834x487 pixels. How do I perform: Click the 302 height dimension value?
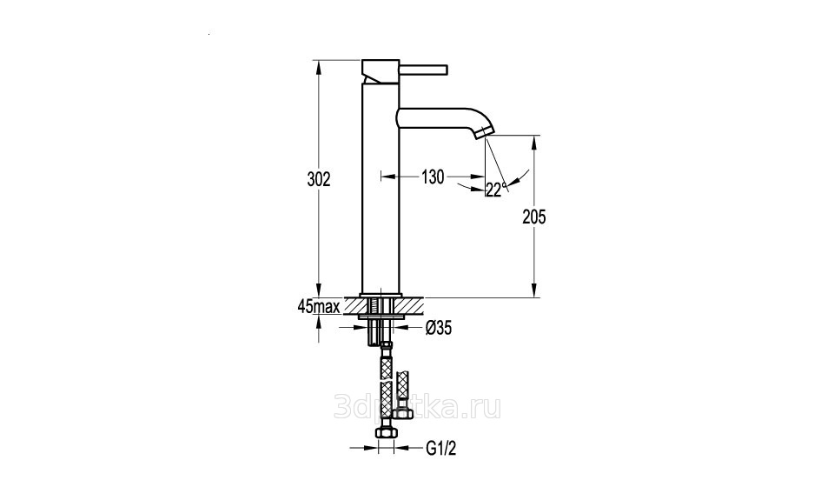click(319, 179)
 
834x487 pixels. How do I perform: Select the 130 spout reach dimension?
click(433, 177)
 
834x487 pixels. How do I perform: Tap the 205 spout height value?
click(534, 217)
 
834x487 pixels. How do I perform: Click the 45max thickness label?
click(319, 306)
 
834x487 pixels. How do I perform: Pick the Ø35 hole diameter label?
click(438, 328)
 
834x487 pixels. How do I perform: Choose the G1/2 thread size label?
click(441, 448)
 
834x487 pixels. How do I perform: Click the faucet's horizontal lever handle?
click(423, 70)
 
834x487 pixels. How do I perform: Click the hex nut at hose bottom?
click(386, 433)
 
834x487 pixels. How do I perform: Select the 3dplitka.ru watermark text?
click(417, 408)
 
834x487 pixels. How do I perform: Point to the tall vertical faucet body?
click(380, 189)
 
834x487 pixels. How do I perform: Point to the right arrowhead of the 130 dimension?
click(478, 177)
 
